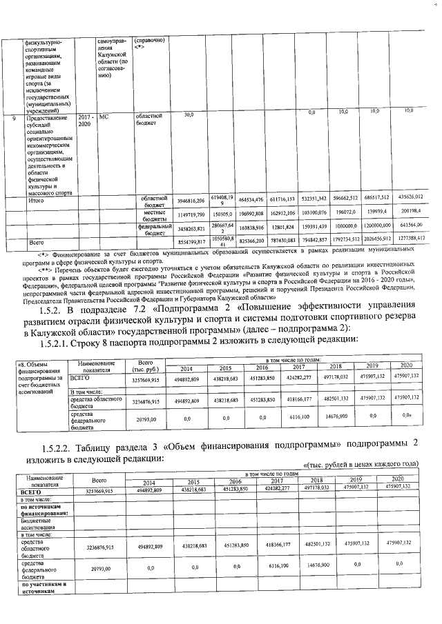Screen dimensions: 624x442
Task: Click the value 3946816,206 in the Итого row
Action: pyautogui.click(x=191, y=201)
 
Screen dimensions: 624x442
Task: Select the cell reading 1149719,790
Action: pyautogui.click(x=191, y=215)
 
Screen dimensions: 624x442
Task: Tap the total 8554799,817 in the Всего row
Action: pyautogui.click(x=191, y=243)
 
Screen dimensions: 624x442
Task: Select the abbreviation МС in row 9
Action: pyautogui.click(x=104, y=117)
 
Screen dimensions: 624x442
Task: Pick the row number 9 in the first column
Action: pyautogui.click(x=15, y=118)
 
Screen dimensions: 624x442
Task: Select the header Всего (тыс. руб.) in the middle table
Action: pyautogui.click(x=146, y=365)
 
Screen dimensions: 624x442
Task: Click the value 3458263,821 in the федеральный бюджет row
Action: pyautogui.click(x=191, y=228)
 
